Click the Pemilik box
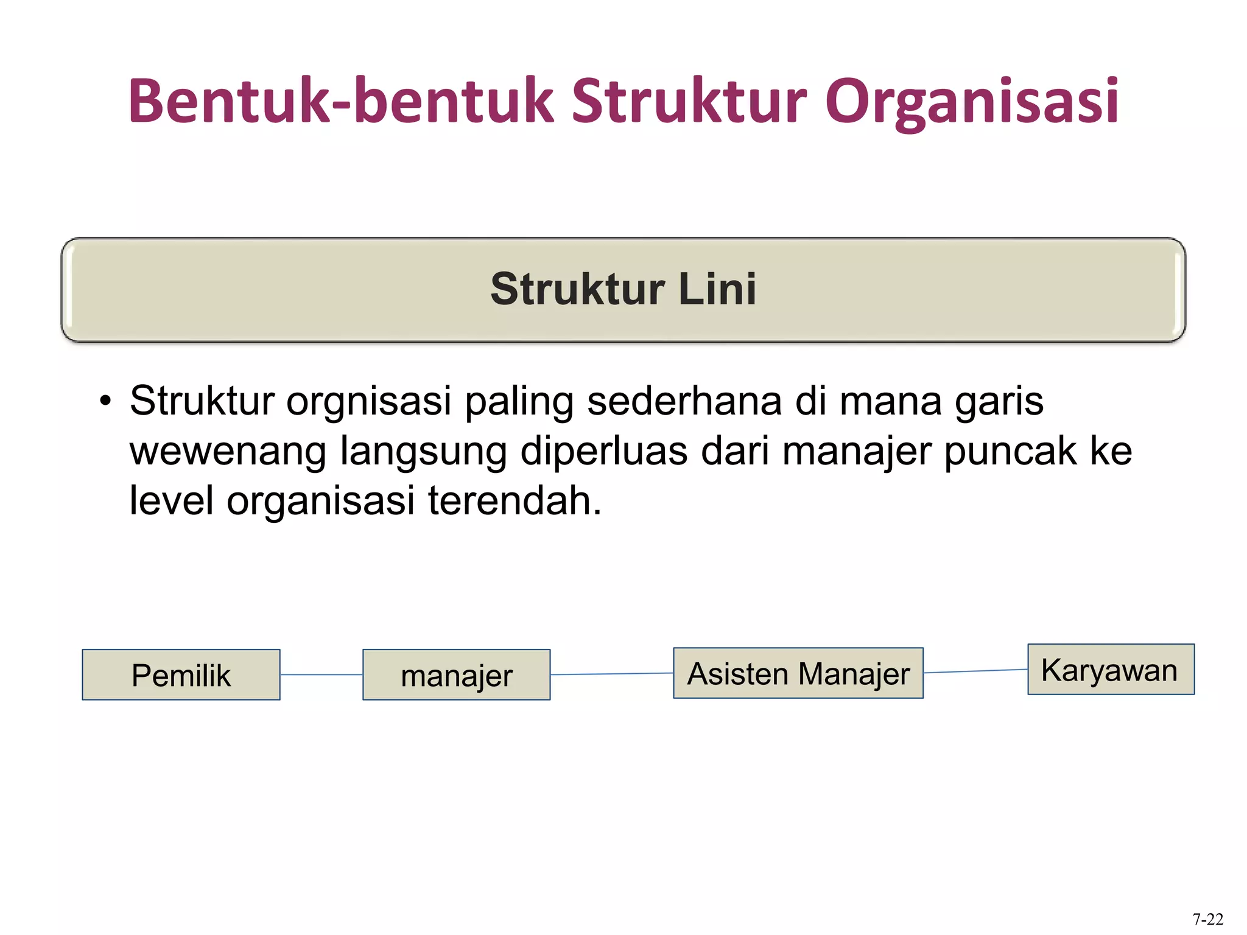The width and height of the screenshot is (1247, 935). [181, 674]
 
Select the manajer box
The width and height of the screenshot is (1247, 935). [456, 674]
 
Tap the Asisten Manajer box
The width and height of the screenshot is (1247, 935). [798, 673]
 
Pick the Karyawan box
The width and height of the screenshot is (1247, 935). [1111, 669]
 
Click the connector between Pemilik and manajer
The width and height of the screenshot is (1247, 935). [321, 674]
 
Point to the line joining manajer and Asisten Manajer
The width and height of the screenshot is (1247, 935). [611, 674]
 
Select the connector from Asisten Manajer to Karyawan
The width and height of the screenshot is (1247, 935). [975, 671]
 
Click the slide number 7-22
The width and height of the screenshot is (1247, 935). [1207, 919]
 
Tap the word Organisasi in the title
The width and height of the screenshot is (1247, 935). [972, 101]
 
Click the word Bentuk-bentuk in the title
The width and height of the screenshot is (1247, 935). [341, 101]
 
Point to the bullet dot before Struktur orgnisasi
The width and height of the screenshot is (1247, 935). [106, 402]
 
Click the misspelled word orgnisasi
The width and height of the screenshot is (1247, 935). [368, 402]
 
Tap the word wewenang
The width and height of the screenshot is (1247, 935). [228, 452]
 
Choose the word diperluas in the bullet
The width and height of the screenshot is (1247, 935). [603, 452]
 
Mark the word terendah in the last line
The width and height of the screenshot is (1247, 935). [515, 501]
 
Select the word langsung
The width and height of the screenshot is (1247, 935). [423, 452]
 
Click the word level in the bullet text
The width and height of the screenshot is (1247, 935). [171, 501]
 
